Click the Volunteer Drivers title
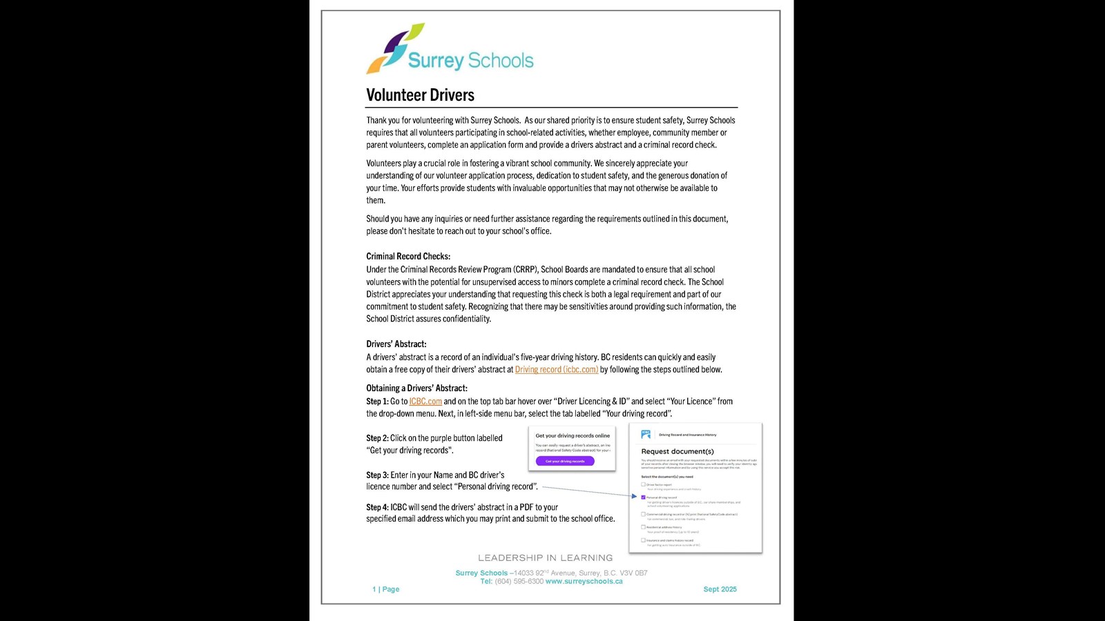point(420,95)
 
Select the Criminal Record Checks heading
point(408,257)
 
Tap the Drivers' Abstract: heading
point(396,344)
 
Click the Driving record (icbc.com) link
point(557,370)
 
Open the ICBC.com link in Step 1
point(425,402)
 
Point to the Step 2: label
point(378,438)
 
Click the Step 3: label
point(378,475)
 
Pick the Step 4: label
point(378,507)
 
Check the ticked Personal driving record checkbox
point(643,497)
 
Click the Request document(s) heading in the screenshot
point(678,451)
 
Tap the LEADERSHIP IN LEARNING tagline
point(546,558)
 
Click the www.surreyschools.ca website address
point(584,582)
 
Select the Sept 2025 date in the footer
point(720,589)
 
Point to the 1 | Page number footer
point(386,589)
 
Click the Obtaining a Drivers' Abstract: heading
point(417,388)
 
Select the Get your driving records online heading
point(573,436)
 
